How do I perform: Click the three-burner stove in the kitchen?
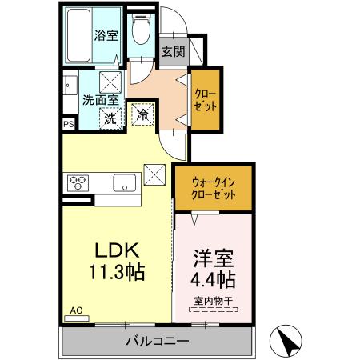click(x=77, y=181)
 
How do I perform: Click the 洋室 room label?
click(x=212, y=259)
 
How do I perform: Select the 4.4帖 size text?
click(x=212, y=281)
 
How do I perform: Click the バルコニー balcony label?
click(x=156, y=342)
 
